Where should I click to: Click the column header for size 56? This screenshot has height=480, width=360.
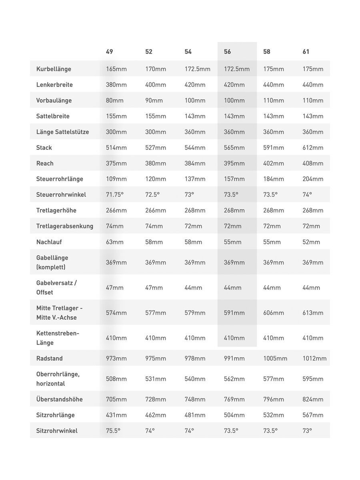[x=228, y=52]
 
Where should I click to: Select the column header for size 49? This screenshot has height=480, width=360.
[x=110, y=52]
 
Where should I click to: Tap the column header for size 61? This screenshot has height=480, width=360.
[x=306, y=52]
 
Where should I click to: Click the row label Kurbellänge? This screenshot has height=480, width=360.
[x=54, y=69]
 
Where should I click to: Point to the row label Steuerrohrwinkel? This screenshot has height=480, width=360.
[x=61, y=194]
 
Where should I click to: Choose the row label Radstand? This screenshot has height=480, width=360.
[x=49, y=358]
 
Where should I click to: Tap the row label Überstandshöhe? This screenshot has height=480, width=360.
[x=59, y=399]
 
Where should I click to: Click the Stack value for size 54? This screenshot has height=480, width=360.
[x=195, y=148]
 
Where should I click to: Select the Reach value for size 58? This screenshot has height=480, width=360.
[x=274, y=163]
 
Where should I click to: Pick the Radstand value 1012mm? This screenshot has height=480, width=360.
[x=314, y=358]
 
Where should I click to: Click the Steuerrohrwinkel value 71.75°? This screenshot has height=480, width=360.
[x=115, y=194]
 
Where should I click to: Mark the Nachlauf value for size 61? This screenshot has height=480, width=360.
[x=311, y=242]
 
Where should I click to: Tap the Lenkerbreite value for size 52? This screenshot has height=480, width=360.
[x=156, y=85]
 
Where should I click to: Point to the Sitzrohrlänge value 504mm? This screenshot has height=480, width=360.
[x=234, y=415]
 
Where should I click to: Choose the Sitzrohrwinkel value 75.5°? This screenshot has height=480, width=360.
[x=113, y=431]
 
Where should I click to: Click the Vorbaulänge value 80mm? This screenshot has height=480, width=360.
[x=115, y=100]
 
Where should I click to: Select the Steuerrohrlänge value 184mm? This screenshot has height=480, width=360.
[x=274, y=179]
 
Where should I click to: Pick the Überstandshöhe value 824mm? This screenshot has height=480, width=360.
[x=313, y=399]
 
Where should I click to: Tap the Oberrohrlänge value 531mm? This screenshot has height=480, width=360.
[x=156, y=379]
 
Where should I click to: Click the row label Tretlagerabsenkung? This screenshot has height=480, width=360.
[x=64, y=226]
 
